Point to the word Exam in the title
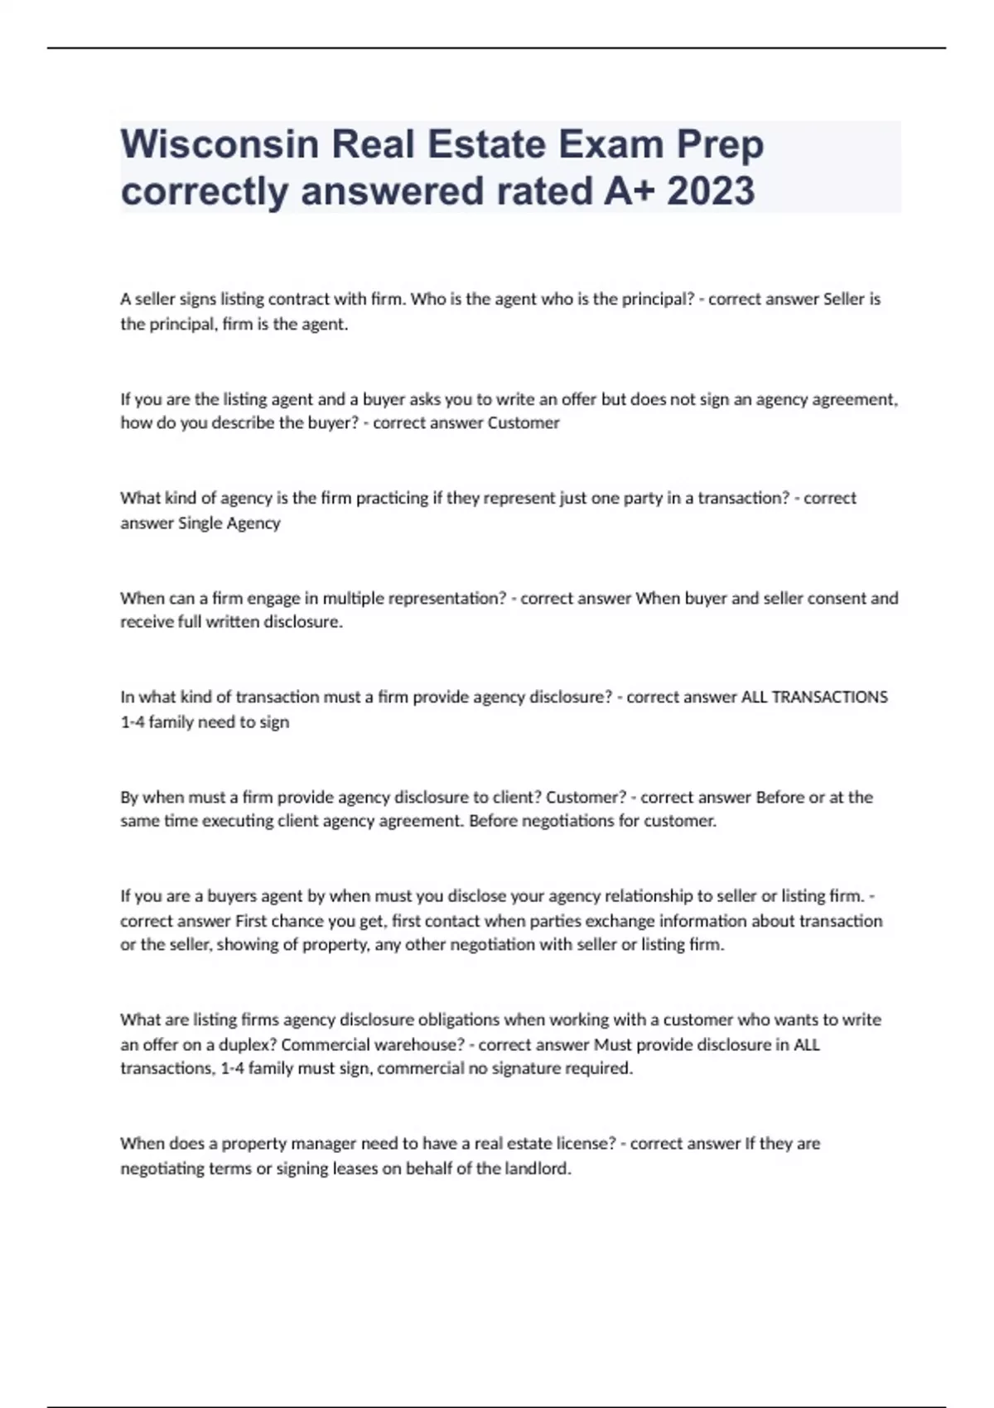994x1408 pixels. tap(611, 145)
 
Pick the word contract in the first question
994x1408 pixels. tap(297, 299)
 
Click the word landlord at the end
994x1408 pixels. tap(537, 1169)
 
